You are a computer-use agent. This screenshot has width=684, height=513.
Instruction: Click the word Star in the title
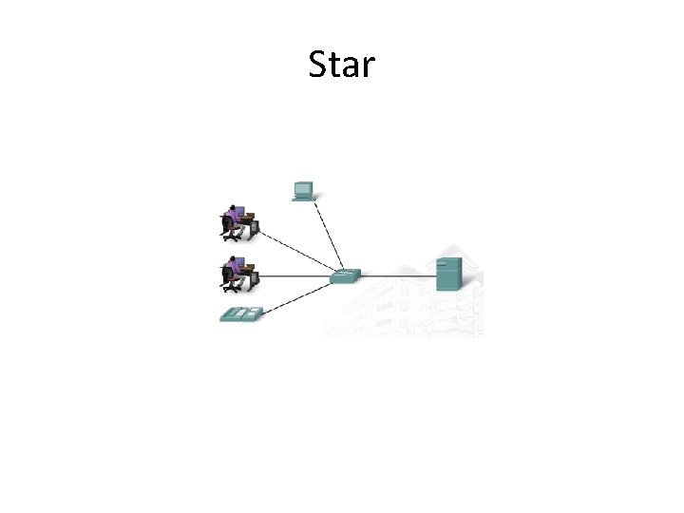tap(342, 66)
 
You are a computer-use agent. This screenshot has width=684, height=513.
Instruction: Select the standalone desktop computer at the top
tap(303, 190)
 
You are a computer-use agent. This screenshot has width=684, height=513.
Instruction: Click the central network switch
tap(344, 276)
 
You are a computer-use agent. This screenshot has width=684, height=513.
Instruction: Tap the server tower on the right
tap(447, 274)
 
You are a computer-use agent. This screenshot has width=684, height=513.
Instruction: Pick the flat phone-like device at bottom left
tap(240, 314)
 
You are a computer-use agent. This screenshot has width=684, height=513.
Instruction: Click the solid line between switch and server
tap(397, 276)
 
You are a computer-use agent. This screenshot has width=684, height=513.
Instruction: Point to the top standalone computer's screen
tap(303, 186)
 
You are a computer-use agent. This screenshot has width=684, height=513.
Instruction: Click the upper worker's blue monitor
tap(238, 210)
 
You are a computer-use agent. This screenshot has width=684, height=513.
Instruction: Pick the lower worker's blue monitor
tap(238, 262)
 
